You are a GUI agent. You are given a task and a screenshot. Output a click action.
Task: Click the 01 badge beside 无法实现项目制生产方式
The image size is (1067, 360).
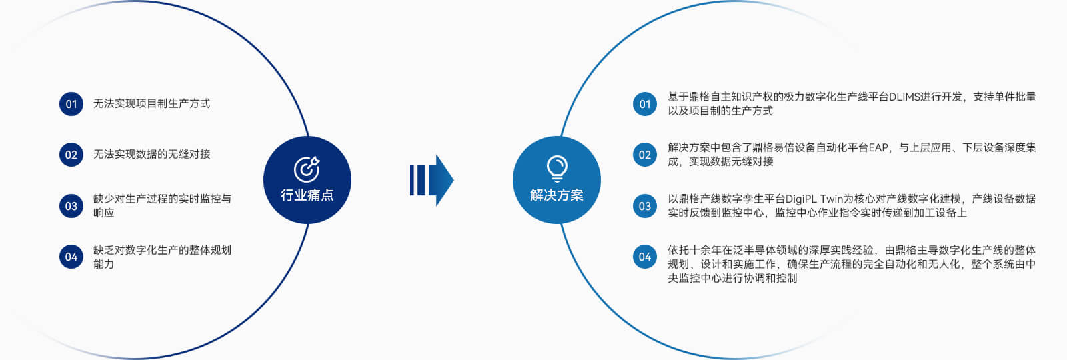coord(71,104)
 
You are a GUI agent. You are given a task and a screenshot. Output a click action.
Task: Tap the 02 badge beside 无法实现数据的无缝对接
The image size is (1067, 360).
coord(71,155)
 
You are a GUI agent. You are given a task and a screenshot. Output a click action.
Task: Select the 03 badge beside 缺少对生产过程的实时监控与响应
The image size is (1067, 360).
coord(71,206)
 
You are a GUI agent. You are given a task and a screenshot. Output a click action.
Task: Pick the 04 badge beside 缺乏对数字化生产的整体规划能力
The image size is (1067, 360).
coord(71,257)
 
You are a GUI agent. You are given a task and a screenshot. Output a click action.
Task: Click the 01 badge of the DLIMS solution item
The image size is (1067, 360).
coord(645,104)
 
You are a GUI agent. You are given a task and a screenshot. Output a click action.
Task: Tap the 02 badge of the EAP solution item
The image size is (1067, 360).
coord(645,155)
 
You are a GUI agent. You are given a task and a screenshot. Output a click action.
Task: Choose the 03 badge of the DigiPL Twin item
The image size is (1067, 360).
coord(645,206)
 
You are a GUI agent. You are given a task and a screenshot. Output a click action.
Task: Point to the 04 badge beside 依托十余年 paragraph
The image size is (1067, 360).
coord(645,257)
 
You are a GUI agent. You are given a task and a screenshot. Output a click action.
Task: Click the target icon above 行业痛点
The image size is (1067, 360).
coord(307,169)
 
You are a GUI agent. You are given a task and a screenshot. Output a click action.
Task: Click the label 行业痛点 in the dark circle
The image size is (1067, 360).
coord(307,195)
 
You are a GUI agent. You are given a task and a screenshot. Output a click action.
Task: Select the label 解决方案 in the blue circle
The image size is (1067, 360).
coord(557,195)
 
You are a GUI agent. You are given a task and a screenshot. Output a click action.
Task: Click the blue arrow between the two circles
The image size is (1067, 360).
coord(431,180)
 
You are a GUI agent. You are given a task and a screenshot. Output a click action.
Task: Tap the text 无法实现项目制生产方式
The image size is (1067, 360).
coord(151,103)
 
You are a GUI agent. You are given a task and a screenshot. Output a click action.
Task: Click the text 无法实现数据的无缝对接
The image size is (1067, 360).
coord(151,154)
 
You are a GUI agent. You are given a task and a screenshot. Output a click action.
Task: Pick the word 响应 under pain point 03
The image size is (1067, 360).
coord(103,213)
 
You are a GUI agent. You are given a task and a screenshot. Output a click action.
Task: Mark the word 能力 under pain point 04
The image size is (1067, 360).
coord(103,264)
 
